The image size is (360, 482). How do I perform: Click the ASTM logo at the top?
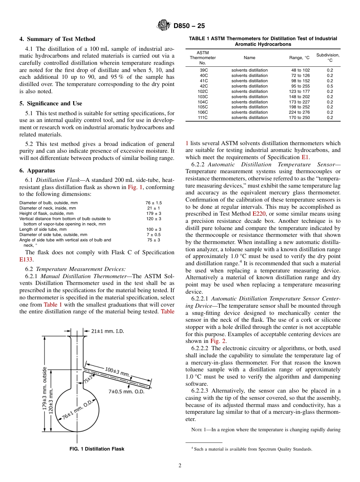[x=164, y=25]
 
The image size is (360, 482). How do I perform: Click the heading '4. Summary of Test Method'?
[x=57, y=39]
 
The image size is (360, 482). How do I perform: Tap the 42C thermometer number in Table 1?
[x=203, y=86]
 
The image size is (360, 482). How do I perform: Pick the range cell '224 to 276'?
[x=299, y=112]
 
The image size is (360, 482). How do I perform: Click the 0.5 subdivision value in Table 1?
[x=330, y=86]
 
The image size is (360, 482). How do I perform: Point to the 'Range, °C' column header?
[x=299, y=58]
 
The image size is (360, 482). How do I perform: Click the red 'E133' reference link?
[x=26, y=260]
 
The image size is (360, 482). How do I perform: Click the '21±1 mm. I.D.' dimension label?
[x=107, y=331]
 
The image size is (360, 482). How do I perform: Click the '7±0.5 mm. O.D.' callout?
[x=126, y=391]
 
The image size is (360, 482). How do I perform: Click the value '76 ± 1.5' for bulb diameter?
[x=153, y=203]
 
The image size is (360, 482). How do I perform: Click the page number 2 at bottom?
[x=180, y=466]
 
